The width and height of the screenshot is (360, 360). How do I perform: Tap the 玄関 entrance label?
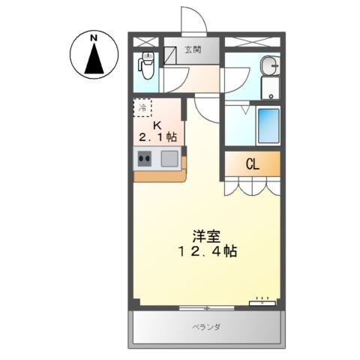(193, 50)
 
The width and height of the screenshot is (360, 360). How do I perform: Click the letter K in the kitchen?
(157, 123)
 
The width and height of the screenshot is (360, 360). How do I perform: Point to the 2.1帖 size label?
(157, 136)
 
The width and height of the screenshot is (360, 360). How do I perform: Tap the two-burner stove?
(145, 159)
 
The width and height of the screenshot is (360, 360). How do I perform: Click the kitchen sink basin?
(169, 159)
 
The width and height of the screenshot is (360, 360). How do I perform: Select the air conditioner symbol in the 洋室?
(262, 301)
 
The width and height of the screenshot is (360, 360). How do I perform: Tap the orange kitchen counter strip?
(157, 176)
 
